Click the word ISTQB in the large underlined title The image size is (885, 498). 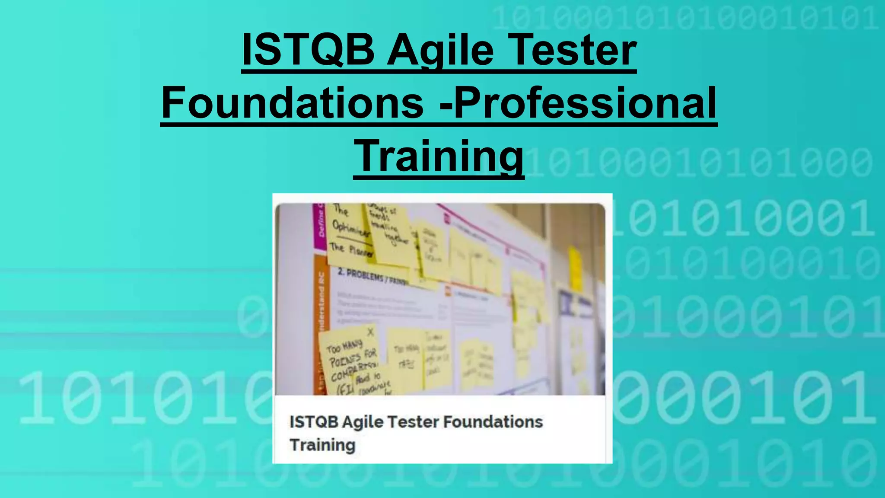(x=308, y=50)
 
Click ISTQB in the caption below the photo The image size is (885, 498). (x=313, y=422)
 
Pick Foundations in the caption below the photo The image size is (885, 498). (x=493, y=422)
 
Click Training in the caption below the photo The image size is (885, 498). (x=322, y=445)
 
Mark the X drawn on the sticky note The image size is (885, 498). (x=370, y=332)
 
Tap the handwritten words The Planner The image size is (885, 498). (x=350, y=249)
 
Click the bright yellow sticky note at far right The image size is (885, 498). (x=575, y=268)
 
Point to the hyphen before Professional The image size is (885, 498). (x=446, y=106)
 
